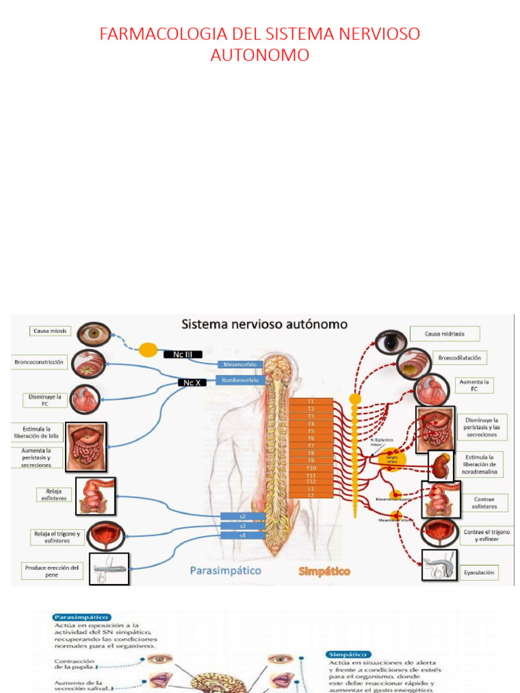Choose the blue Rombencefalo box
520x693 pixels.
pos(240,380)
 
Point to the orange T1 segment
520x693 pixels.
pos(311,401)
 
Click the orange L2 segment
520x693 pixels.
pos(311,495)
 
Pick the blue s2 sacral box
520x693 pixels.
pos(242,516)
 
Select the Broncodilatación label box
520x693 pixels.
pos(459,357)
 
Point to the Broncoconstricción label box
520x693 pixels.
pos(39,362)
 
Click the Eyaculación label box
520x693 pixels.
pos(479,573)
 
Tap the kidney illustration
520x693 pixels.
pos(443,465)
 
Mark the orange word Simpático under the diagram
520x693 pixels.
pos(324,572)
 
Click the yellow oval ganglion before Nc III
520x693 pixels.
pos(148,350)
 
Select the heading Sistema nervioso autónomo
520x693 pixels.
pos(265,324)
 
